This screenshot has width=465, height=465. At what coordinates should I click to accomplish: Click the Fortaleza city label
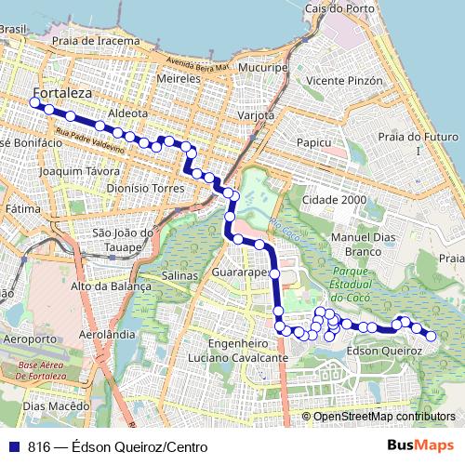click(x=61, y=93)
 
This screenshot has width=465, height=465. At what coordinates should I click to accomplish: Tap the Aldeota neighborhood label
click(x=128, y=113)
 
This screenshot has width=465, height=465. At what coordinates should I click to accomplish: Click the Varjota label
click(x=256, y=115)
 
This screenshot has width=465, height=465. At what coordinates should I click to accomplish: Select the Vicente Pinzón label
click(x=345, y=81)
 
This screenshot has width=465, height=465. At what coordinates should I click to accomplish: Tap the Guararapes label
click(x=240, y=273)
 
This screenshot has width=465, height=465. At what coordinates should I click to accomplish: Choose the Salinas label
click(x=180, y=276)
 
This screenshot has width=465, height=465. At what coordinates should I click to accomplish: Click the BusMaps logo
click(x=420, y=446)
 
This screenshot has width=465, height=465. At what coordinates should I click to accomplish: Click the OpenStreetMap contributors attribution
click(x=385, y=417)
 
